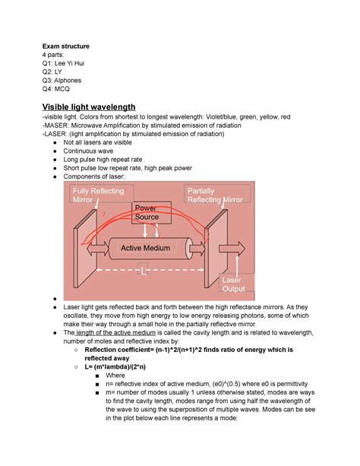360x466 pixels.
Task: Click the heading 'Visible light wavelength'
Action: (x=89, y=106)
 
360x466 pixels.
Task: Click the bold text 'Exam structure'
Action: (x=65, y=46)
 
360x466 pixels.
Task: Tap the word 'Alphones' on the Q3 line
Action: (x=68, y=81)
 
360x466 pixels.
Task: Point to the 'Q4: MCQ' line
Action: (x=56, y=89)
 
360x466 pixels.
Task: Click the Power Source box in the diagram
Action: (x=151, y=213)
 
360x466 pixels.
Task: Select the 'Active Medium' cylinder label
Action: (x=146, y=248)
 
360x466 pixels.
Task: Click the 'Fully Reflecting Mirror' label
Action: (x=99, y=195)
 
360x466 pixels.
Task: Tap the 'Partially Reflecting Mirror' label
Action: (x=215, y=195)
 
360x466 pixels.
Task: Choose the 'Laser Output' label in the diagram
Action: (x=234, y=284)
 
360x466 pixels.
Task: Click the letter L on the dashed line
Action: (x=144, y=271)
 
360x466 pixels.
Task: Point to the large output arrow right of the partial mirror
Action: (x=232, y=249)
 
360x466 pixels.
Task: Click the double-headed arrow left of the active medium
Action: (x=98, y=249)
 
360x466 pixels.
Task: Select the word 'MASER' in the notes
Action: (x=56, y=125)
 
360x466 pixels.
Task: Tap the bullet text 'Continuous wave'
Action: (x=88, y=151)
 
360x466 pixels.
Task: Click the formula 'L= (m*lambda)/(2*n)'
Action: (x=115, y=366)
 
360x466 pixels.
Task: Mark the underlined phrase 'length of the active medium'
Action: (x=116, y=332)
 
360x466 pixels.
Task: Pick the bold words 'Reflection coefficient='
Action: (x=119, y=350)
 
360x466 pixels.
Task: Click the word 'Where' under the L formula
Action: (x=115, y=376)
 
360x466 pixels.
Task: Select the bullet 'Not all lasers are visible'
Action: (x=97, y=142)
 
